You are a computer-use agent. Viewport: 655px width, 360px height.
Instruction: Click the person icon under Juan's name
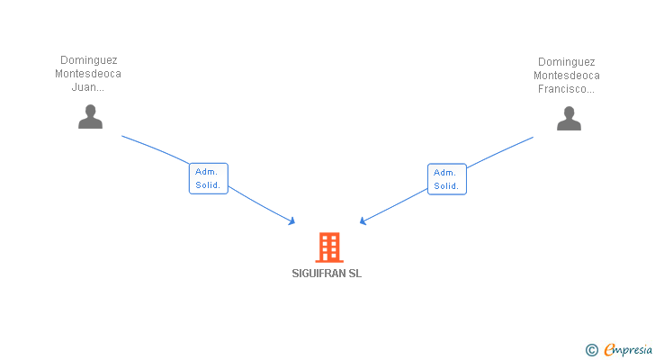90,117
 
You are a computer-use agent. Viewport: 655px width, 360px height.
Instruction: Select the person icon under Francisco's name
569,118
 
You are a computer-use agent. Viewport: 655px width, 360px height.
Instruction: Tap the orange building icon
329,247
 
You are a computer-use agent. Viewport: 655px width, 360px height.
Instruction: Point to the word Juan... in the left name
88,88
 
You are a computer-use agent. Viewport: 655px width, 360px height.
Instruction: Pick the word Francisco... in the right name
566,89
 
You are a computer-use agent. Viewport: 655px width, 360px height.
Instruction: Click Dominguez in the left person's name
88,60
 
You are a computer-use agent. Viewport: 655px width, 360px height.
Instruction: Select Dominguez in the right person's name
566,61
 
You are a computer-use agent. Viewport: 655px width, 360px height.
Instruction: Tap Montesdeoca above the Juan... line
88,74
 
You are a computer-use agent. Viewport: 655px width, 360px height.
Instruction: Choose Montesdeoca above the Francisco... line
566,76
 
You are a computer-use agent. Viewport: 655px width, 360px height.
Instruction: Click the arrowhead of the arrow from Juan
292,221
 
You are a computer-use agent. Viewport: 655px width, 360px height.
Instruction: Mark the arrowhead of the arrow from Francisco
362,221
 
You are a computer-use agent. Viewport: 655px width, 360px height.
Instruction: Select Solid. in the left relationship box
208,185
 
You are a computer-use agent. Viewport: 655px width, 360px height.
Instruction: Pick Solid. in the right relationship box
447,186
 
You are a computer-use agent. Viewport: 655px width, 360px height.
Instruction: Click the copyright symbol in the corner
592,350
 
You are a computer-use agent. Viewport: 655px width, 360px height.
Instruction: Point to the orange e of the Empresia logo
609,350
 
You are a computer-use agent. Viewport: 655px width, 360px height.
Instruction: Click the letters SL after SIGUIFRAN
354,274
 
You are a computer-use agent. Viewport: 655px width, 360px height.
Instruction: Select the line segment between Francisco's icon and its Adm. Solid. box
500,153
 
